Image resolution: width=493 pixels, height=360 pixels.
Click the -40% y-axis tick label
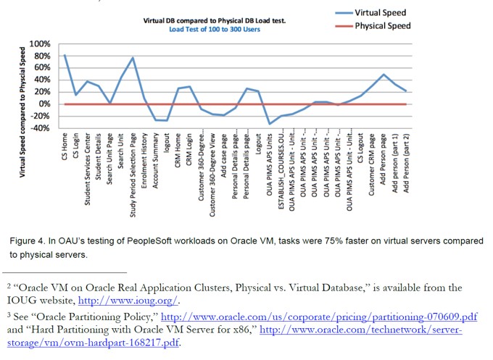pyautogui.click(x=41, y=128)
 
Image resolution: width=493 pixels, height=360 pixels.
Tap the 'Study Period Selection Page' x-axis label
pyautogui.click(x=133, y=167)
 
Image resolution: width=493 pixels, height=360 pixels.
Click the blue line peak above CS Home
pyautogui.click(x=65, y=55)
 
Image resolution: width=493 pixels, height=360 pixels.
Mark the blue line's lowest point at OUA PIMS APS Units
pyautogui.click(x=270, y=124)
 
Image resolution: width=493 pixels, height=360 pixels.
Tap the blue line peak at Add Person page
pyautogui.click(x=384, y=75)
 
